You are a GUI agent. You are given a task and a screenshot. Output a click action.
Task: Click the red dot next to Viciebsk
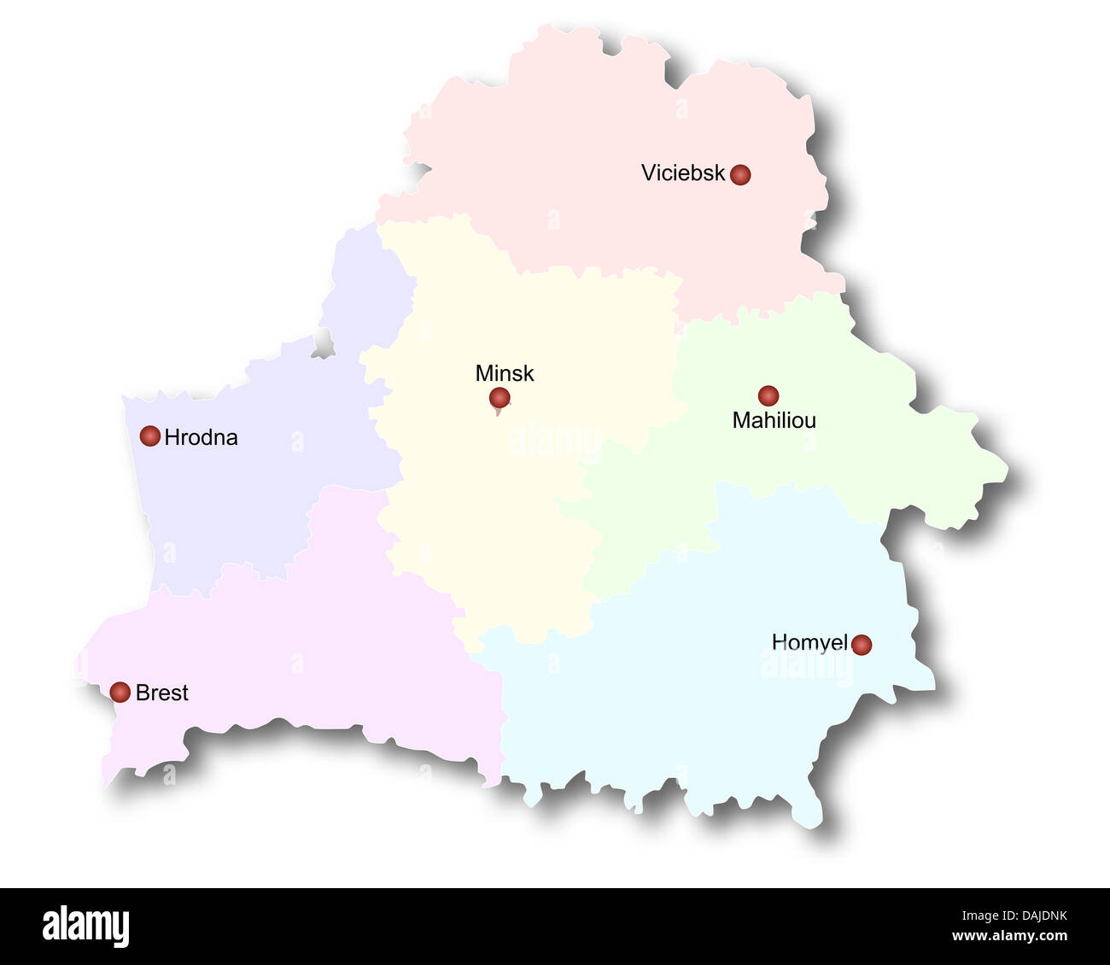[740, 174]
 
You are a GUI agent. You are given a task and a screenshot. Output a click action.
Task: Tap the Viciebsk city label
[682, 173]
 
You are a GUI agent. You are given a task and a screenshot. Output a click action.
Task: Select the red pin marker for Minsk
[499, 398]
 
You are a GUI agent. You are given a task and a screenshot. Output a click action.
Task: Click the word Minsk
[505, 373]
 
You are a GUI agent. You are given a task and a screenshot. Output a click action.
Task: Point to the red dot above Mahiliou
[768, 395]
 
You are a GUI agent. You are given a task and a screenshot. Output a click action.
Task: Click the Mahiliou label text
[774, 420]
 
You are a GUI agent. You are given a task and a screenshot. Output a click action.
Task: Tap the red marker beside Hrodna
[150, 436]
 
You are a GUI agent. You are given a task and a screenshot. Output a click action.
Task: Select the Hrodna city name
[201, 437]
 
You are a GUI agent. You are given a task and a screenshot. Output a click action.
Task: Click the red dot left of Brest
[120, 692]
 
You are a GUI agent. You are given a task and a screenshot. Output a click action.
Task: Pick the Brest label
[162, 693]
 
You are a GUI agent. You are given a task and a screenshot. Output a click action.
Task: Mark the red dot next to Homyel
[862, 644]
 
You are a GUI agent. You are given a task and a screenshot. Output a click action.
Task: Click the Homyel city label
[809, 642]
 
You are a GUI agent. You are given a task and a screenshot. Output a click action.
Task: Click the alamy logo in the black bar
[85, 927]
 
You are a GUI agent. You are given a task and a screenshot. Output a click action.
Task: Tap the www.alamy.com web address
[1009, 937]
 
